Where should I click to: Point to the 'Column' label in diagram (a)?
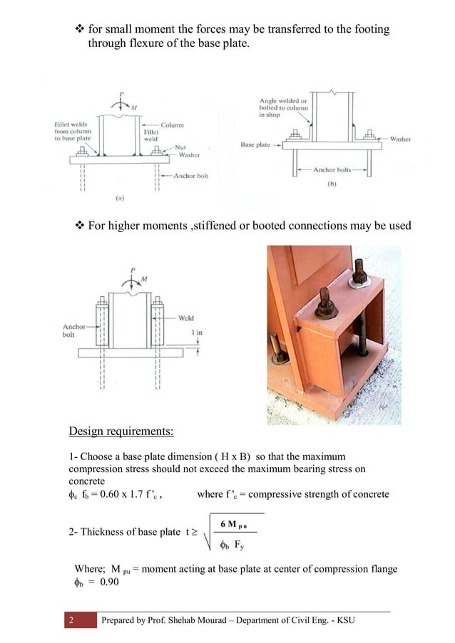tap(172, 125)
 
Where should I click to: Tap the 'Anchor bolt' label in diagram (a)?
tap(190, 175)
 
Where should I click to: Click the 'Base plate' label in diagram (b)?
tap(255, 145)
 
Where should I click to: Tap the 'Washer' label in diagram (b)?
tap(400, 139)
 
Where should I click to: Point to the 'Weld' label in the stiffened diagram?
tap(185, 318)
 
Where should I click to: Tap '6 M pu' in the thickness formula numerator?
tap(235, 525)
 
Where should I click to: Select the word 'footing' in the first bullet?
tap(370, 30)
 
